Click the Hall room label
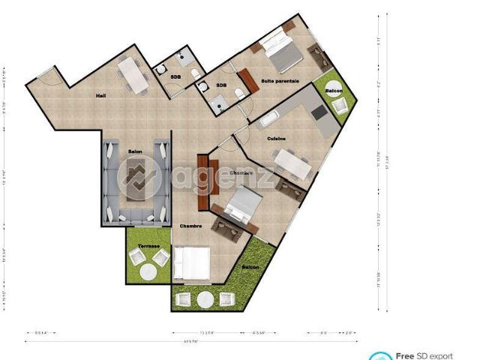100,96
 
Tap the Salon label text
135,152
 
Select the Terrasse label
148,244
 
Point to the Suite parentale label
280,80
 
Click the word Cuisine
276,139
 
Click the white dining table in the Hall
133,76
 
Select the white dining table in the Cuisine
291,163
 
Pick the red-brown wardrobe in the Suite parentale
246,81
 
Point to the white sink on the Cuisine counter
268,118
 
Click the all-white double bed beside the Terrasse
192,264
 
